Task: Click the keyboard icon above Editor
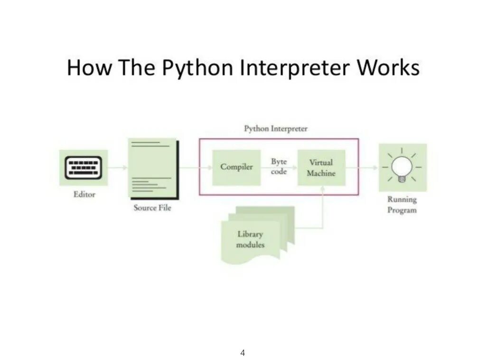[84, 168]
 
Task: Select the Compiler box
[236, 167]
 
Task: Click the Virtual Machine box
[321, 168]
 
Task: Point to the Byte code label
[279, 167]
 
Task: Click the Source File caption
[152, 208]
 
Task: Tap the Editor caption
[84, 194]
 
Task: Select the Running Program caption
[402, 205]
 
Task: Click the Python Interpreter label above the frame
[276, 128]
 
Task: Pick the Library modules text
[251, 239]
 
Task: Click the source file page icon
[152, 169]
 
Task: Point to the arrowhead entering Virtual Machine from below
[323, 189]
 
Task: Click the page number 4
[243, 353]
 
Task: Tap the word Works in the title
[388, 67]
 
